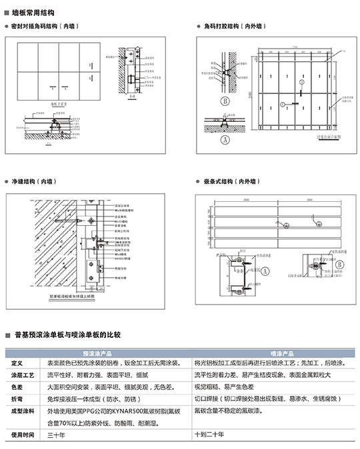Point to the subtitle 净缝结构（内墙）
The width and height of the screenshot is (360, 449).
pos(32,181)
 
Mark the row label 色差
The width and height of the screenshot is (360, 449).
pos(17,387)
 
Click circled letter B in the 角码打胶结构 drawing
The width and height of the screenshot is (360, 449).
pos(226,101)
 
